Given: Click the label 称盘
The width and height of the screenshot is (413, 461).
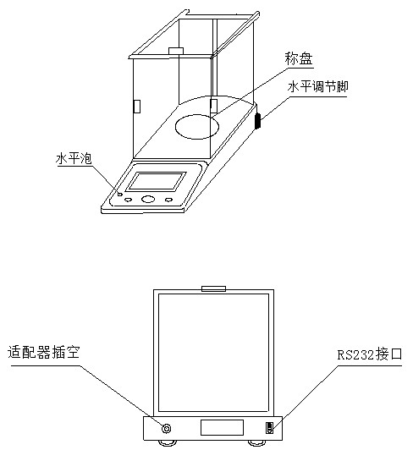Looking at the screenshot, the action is point(298,59).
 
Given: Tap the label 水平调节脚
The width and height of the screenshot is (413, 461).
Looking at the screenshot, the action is point(317,87).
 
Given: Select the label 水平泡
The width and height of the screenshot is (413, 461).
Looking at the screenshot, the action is point(74,158).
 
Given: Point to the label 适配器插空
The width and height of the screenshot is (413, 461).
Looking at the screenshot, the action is point(43,352).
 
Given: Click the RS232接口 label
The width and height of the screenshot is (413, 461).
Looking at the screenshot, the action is point(370,354).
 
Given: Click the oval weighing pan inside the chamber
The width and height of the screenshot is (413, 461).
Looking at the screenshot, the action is point(197,127).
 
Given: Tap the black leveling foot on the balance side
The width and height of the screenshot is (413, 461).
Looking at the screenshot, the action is point(257,121).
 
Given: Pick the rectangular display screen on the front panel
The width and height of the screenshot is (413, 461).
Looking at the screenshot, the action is point(156,181).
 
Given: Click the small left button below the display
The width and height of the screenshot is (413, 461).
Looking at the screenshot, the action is point(128,200).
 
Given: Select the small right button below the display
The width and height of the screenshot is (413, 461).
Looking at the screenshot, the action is point(168,200).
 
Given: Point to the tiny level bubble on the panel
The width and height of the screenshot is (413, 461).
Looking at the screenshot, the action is point(119,194).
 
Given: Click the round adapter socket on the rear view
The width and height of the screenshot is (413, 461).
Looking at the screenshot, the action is point(167,428).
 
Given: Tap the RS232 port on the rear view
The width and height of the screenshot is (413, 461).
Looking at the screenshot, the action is point(269,428).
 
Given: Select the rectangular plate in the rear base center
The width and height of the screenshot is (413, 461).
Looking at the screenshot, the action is point(222,427).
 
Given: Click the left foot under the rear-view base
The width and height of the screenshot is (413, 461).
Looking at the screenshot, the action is point(168,442).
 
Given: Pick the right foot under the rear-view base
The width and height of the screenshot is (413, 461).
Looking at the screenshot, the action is point(256,442).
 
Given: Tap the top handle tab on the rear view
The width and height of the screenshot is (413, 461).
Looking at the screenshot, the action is point(213,288).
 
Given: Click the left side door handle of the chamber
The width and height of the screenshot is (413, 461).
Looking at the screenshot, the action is point(137,106).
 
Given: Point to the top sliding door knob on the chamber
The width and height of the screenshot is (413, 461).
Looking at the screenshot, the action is point(176,51).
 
